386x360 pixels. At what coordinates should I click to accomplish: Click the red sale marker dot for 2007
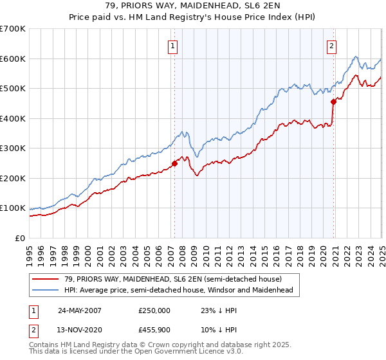(x=174, y=163)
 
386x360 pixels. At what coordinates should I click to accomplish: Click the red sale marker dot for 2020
(x=333, y=102)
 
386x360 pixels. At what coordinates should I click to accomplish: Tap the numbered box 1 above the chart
(x=174, y=46)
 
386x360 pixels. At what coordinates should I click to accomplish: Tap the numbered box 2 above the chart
(x=331, y=46)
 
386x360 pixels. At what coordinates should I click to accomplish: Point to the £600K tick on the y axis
(x=13, y=59)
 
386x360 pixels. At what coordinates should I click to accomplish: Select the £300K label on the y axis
(x=13, y=148)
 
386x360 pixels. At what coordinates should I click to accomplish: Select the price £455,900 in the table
(x=154, y=329)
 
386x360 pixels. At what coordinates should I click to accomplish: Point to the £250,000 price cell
(x=154, y=310)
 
